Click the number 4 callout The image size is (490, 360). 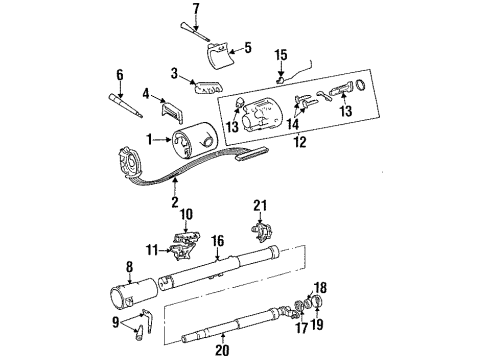(x=146, y=93)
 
